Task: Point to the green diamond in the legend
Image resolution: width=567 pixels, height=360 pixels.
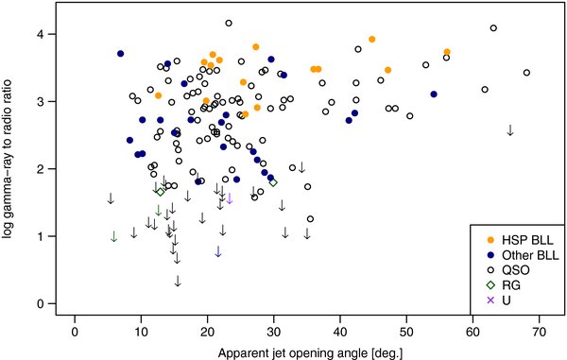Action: [490, 285]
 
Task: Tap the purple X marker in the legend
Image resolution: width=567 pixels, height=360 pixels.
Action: [490, 300]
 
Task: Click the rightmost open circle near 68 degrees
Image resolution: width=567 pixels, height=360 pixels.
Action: [526, 73]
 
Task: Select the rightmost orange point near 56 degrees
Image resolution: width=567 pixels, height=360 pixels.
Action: [447, 52]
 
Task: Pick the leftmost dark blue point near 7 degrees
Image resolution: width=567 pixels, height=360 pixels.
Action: [121, 54]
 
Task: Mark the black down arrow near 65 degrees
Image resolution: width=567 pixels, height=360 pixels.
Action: [510, 129]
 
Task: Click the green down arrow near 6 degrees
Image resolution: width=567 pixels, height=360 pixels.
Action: [113, 236]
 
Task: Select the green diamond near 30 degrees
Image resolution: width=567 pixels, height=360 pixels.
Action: [273, 182]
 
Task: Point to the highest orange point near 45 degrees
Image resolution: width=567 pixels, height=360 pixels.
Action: [372, 40]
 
